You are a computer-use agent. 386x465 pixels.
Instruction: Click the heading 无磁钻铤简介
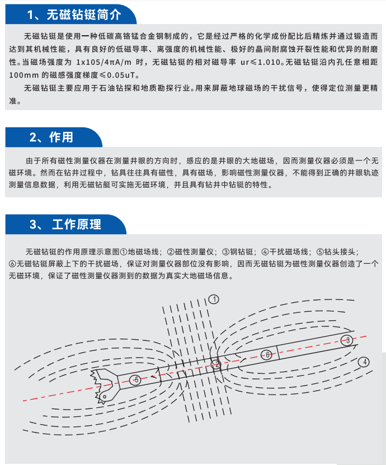click(x=84, y=15)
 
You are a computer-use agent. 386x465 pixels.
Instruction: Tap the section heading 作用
click(x=61, y=137)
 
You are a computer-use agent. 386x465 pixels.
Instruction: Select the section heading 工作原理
click(x=77, y=225)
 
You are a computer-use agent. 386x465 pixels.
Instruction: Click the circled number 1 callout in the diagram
click(x=214, y=299)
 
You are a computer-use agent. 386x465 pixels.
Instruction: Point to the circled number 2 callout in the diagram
click(x=216, y=365)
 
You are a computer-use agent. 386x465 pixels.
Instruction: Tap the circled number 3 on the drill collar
click(x=346, y=340)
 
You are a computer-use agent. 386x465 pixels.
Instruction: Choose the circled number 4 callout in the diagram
click(x=364, y=362)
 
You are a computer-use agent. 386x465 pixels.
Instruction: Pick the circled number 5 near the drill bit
click(x=135, y=379)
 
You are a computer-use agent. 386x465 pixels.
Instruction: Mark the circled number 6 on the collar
click(x=267, y=355)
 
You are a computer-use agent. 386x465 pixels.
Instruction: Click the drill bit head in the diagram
click(x=105, y=386)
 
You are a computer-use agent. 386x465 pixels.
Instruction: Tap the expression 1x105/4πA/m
click(x=103, y=62)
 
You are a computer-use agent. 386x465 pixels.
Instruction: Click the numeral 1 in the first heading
click(x=30, y=15)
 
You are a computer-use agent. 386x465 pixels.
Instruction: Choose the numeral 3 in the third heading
click(x=33, y=225)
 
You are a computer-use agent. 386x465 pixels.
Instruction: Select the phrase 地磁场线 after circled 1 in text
click(x=143, y=252)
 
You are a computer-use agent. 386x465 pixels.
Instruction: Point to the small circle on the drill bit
click(x=105, y=396)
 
